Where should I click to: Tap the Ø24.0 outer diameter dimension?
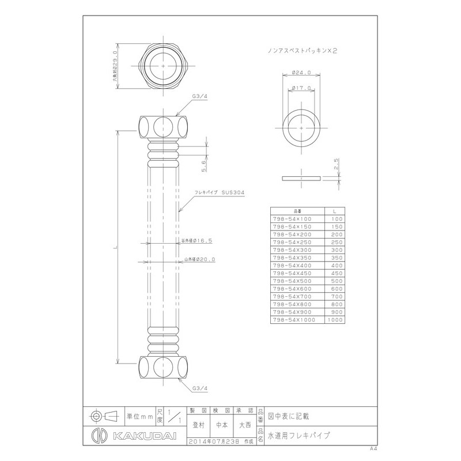(x=302, y=73)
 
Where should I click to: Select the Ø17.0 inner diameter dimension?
(x=302, y=88)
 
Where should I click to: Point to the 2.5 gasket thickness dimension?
(x=336, y=165)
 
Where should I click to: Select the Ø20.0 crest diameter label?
(x=197, y=260)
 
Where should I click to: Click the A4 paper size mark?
(x=373, y=448)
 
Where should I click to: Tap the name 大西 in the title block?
(x=245, y=425)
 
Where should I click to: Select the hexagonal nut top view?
(x=164, y=67)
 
